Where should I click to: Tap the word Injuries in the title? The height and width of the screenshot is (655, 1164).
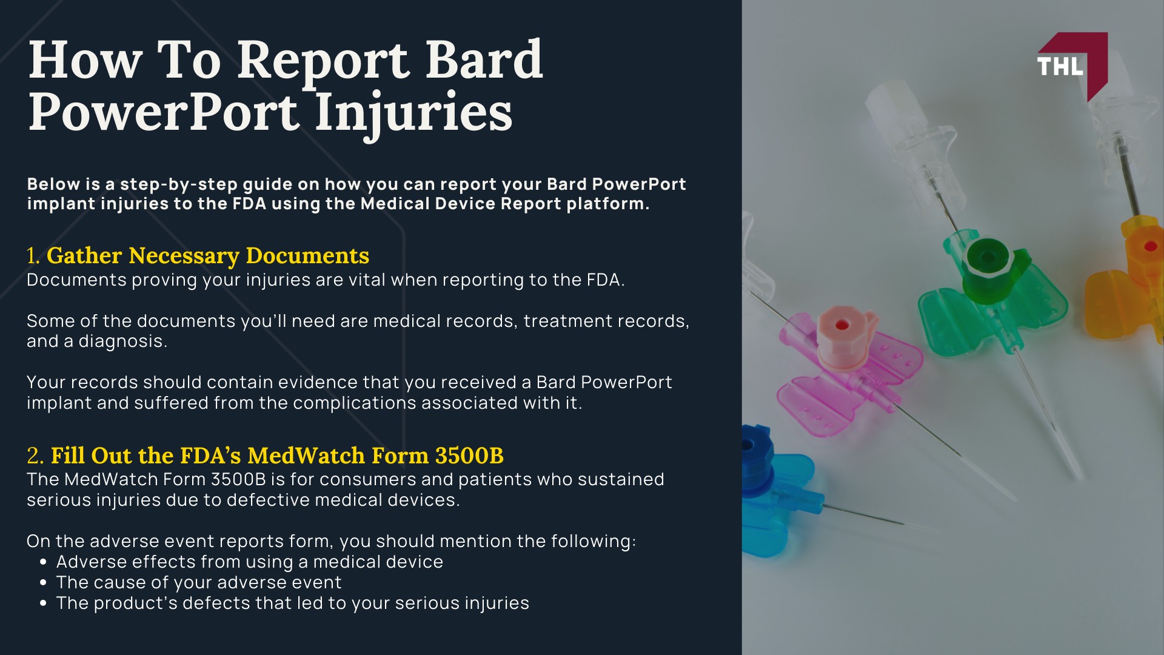click(413, 113)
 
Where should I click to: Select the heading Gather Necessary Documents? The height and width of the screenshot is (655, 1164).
click(207, 256)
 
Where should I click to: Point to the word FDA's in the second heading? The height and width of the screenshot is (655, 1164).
click(212, 455)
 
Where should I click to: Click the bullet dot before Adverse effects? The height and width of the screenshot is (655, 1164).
click(43, 562)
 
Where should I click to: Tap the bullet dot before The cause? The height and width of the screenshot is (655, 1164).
click(43, 583)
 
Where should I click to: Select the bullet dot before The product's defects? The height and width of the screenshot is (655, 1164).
click(43, 603)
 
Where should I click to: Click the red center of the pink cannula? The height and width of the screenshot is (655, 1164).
click(841, 325)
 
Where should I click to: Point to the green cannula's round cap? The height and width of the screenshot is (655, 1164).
click(987, 257)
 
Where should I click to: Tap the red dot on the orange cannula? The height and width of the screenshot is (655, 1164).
click(1150, 246)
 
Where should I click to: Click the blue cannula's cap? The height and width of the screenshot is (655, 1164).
click(752, 446)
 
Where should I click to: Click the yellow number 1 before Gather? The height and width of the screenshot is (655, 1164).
click(32, 256)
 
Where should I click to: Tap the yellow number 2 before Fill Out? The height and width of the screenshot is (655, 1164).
click(34, 455)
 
